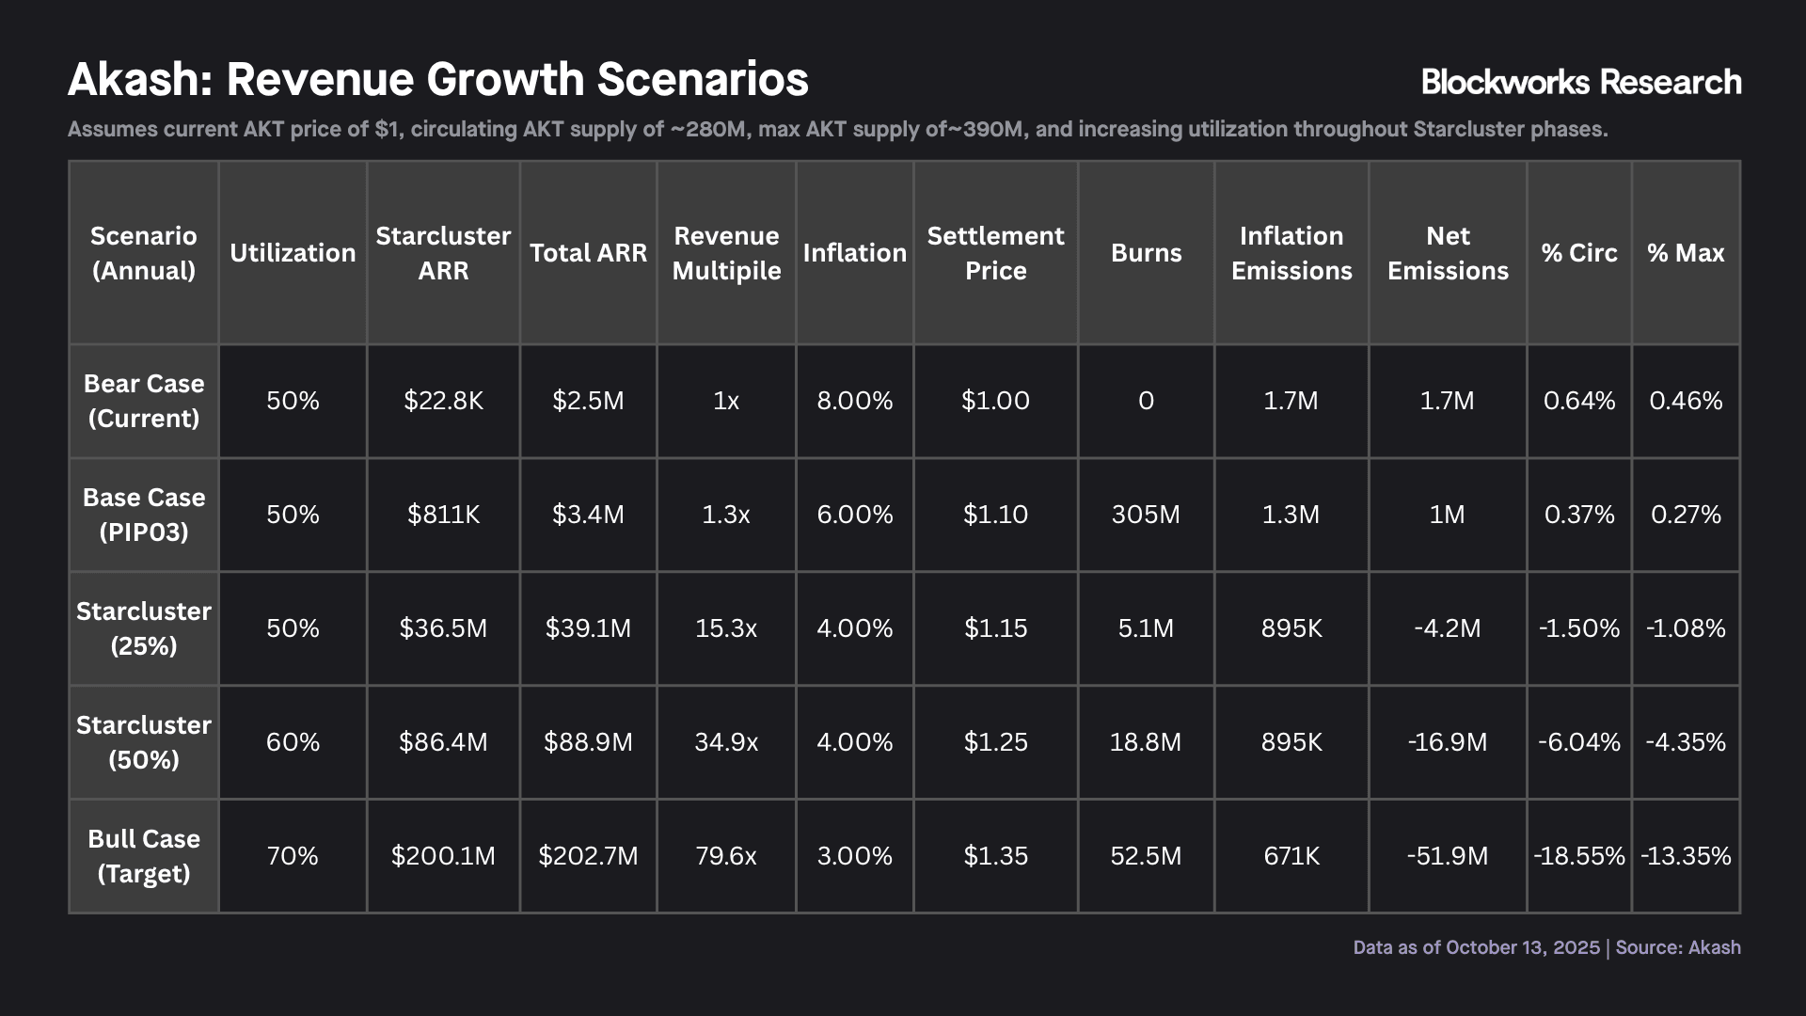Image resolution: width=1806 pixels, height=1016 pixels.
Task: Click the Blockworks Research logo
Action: pos(1581,82)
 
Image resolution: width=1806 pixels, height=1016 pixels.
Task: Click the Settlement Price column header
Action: pos(995,253)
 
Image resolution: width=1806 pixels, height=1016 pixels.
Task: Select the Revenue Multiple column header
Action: pos(726,253)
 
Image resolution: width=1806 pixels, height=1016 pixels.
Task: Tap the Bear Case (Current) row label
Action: pos(144,401)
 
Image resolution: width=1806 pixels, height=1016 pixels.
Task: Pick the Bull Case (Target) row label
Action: pos(144,856)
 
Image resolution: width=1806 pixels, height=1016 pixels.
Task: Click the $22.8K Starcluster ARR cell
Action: pos(443,401)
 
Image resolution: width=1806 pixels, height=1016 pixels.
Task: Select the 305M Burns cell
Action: pos(1146,515)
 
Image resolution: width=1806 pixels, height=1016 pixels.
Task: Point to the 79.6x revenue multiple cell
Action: pos(726,856)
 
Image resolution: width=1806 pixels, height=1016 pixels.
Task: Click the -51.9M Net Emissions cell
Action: pos(1448,856)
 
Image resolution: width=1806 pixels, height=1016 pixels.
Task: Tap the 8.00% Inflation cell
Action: pos(855,401)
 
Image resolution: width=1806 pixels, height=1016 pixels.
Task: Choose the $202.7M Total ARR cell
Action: pos(588,856)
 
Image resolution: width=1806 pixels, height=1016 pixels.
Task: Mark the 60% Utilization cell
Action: pos(293,742)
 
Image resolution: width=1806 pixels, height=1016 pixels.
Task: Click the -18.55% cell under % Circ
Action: pos(1579,856)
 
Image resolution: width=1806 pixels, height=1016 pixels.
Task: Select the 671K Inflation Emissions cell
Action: pos(1291,856)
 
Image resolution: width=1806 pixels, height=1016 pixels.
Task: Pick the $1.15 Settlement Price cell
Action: pos(995,628)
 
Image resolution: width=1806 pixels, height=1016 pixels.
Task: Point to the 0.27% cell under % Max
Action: pos(1686,515)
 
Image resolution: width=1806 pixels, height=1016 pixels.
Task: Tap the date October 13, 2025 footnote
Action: pos(1523,947)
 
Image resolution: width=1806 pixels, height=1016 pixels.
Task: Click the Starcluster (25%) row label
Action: pos(144,628)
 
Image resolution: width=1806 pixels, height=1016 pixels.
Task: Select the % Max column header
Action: pos(1686,253)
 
